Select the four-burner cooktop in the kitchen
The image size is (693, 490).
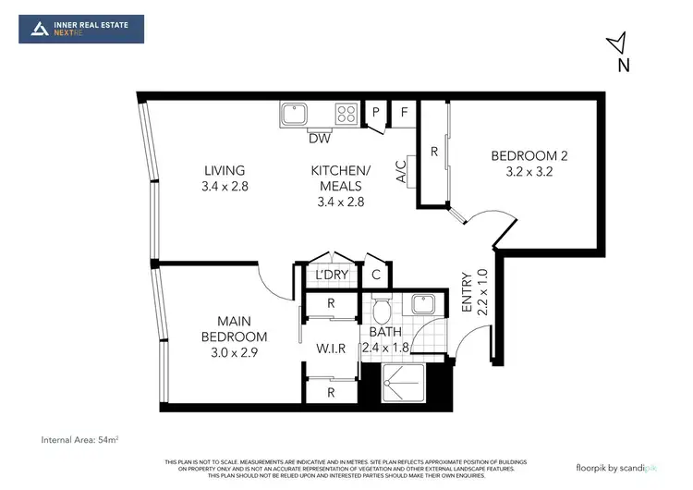point(346,115)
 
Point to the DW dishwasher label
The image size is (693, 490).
point(320,139)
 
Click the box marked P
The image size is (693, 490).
point(376,114)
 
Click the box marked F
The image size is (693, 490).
point(404,114)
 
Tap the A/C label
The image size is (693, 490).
point(402,173)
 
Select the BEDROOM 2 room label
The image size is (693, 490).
point(529,164)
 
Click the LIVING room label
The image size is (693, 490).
point(225,178)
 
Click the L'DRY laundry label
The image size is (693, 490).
point(330,275)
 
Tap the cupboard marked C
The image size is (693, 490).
point(376,275)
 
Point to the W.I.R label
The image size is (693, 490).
point(331,349)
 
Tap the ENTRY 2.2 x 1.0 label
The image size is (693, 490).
point(474,293)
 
